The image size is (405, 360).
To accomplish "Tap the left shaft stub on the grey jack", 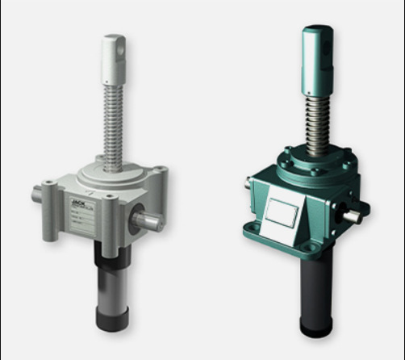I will pyautogui.click(x=39, y=195).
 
